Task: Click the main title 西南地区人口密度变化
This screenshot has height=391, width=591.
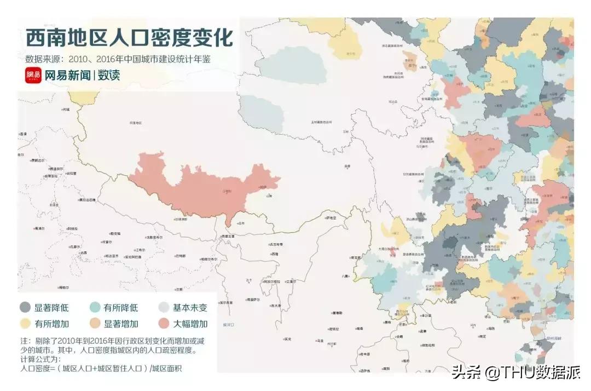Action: click(129, 38)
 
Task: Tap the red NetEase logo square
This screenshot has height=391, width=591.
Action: click(33, 75)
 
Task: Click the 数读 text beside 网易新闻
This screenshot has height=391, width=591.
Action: click(109, 76)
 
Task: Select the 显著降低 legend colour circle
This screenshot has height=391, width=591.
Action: click(25, 307)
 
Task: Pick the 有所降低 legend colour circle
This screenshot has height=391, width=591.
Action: click(95, 307)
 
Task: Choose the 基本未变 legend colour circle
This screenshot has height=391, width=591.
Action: click(164, 307)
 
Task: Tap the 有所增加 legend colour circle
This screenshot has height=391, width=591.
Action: click(25, 323)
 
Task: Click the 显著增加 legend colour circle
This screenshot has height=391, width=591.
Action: click(95, 323)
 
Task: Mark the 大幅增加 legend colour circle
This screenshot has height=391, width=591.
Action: click(164, 323)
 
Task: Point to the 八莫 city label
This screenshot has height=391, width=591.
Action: click(345, 277)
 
